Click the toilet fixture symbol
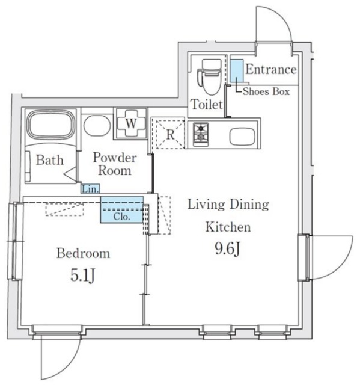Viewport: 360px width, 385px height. [209, 76]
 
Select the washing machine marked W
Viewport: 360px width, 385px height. [130, 123]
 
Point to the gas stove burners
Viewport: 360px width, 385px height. [201, 135]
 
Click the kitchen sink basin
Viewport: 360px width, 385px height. [242, 136]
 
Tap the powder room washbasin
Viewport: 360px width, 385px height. [97, 125]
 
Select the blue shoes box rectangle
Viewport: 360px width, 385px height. [237, 70]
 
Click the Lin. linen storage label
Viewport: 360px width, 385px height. [91, 189]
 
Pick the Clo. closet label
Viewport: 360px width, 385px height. [121, 217]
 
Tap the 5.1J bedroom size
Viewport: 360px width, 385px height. [83, 276]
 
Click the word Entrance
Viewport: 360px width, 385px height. [271, 70]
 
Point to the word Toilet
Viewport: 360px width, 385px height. [207, 105]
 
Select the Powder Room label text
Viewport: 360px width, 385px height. [115, 164]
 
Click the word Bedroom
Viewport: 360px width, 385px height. [83, 253]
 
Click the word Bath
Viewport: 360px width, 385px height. [50, 160]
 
